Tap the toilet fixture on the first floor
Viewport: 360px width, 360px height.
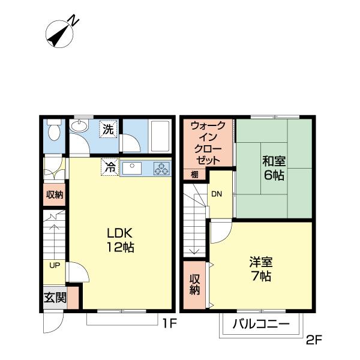click(x=54, y=129)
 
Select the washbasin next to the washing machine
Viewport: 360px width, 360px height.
click(x=79, y=126)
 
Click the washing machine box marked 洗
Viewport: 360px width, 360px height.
click(x=108, y=129)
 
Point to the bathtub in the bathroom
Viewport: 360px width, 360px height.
click(x=160, y=136)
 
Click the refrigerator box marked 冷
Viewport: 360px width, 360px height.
click(x=110, y=167)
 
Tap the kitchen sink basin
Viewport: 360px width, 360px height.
click(x=132, y=168)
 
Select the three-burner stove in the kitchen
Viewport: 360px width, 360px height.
click(x=161, y=168)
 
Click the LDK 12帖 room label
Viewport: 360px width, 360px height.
click(x=121, y=240)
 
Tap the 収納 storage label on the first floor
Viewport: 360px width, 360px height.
click(x=55, y=195)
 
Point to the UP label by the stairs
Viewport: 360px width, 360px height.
click(x=55, y=265)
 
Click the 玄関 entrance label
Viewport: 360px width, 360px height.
click(x=55, y=298)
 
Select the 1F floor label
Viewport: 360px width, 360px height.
click(x=169, y=323)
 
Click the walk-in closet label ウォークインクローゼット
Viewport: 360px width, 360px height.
click(x=208, y=143)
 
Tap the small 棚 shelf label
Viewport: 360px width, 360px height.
click(x=194, y=175)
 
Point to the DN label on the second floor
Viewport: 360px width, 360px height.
click(x=217, y=194)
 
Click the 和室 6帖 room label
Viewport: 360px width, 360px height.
click(x=274, y=168)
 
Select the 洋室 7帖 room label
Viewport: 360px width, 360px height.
click(x=261, y=269)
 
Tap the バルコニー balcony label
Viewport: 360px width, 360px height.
click(x=261, y=324)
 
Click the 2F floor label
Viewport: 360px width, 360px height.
click(x=314, y=340)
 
